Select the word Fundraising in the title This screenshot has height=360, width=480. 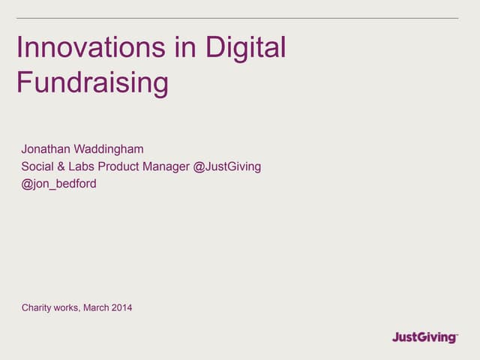pos(92,82)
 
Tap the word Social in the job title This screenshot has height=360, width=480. pos(37,166)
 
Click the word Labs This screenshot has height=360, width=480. pos(85,166)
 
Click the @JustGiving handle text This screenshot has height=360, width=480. pos(227,166)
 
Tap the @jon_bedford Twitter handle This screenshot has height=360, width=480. pos(58,184)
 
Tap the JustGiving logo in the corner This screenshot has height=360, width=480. pos(423,337)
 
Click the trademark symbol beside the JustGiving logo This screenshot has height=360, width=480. pos(456,333)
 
